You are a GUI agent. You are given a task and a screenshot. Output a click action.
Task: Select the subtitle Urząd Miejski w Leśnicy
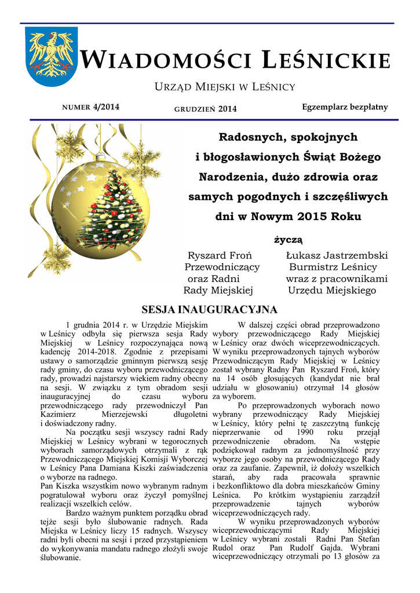pyautogui.click(x=224, y=87)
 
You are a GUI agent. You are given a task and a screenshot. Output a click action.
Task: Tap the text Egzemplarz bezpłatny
pyautogui.click(x=345, y=107)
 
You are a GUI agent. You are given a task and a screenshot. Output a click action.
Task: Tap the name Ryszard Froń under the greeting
pyautogui.click(x=220, y=255)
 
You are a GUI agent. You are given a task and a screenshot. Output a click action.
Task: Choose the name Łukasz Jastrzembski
pyautogui.click(x=337, y=255)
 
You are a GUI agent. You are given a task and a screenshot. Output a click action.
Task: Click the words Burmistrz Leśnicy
pyautogui.click(x=333, y=267)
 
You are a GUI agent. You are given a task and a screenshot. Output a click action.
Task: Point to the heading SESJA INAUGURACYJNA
pyautogui.click(x=210, y=309)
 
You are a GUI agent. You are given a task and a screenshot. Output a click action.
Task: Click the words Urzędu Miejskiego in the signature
pyautogui.click(x=332, y=290)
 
